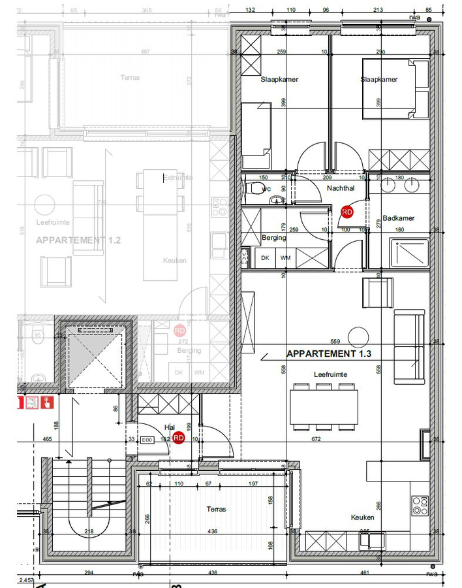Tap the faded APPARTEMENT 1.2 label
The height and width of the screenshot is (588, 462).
(x=78, y=240)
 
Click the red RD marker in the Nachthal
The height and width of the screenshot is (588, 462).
(x=346, y=212)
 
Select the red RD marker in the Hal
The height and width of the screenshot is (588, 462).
(x=179, y=439)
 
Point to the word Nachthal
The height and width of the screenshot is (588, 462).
(x=340, y=188)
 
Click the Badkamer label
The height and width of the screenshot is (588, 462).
(x=398, y=218)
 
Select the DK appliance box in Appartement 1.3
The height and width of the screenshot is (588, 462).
(x=266, y=258)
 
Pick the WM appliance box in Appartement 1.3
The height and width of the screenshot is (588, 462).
(x=285, y=258)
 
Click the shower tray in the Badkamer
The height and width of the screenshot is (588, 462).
(x=409, y=253)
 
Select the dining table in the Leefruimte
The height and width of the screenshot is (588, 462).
(x=324, y=406)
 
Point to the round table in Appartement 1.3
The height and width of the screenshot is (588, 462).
(x=358, y=337)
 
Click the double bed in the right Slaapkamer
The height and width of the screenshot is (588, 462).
(x=395, y=89)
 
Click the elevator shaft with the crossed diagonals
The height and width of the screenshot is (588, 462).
(x=95, y=357)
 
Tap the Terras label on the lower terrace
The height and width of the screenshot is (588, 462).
(x=216, y=509)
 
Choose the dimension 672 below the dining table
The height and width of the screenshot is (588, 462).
(x=316, y=439)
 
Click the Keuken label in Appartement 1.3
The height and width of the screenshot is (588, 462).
(x=362, y=517)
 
